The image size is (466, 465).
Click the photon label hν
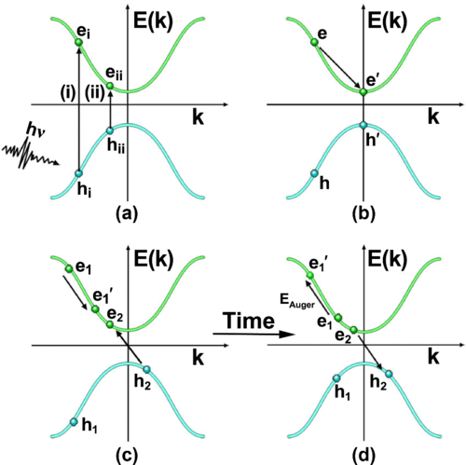(x=35, y=130)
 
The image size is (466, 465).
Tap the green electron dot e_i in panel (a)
(x=79, y=42)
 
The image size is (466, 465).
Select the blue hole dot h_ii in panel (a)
(x=110, y=130)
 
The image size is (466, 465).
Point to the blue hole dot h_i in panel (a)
(x=78, y=173)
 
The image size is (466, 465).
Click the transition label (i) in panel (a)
(x=68, y=93)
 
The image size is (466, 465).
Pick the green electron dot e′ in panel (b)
(x=363, y=92)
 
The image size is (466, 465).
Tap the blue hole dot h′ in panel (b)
(x=363, y=125)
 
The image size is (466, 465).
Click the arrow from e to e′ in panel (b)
(x=339, y=67)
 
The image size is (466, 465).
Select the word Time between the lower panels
(x=250, y=321)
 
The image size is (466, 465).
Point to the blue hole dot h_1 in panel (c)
(x=74, y=422)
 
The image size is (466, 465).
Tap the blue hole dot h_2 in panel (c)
(x=146, y=369)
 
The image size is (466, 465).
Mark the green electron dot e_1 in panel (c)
(x=69, y=268)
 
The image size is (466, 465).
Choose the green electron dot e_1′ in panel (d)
(x=309, y=276)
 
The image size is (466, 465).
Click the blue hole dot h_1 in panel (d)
(x=336, y=378)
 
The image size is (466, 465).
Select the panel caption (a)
(x=127, y=214)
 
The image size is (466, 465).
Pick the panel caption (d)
(x=363, y=456)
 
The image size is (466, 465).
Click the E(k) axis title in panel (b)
(x=388, y=21)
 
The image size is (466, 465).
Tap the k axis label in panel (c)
(x=198, y=357)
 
